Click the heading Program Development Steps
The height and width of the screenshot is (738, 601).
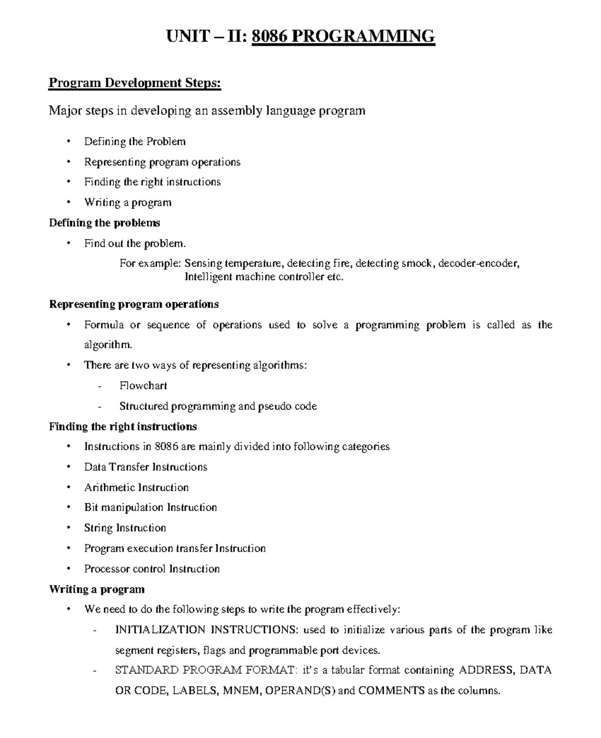[x=134, y=83]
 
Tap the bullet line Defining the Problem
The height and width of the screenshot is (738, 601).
[x=135, y=142]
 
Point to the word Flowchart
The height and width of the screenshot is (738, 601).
[x=143, y=386]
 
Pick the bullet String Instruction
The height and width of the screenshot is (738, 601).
[x=125, y=528]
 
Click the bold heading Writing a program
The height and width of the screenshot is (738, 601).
[x=97, y=589]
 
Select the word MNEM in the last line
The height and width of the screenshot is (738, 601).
[x=242, y=691]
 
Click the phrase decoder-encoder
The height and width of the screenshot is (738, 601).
[x=478, y=263]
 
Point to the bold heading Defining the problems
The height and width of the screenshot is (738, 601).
[x=105, y=223]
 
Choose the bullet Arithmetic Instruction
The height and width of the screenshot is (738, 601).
[x=136, y=487]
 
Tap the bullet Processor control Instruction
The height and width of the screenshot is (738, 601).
[x=152, y=569]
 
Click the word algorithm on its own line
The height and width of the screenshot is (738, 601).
[x=108, y=345]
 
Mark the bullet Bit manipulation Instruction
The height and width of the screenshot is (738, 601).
[x=150, y=507]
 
